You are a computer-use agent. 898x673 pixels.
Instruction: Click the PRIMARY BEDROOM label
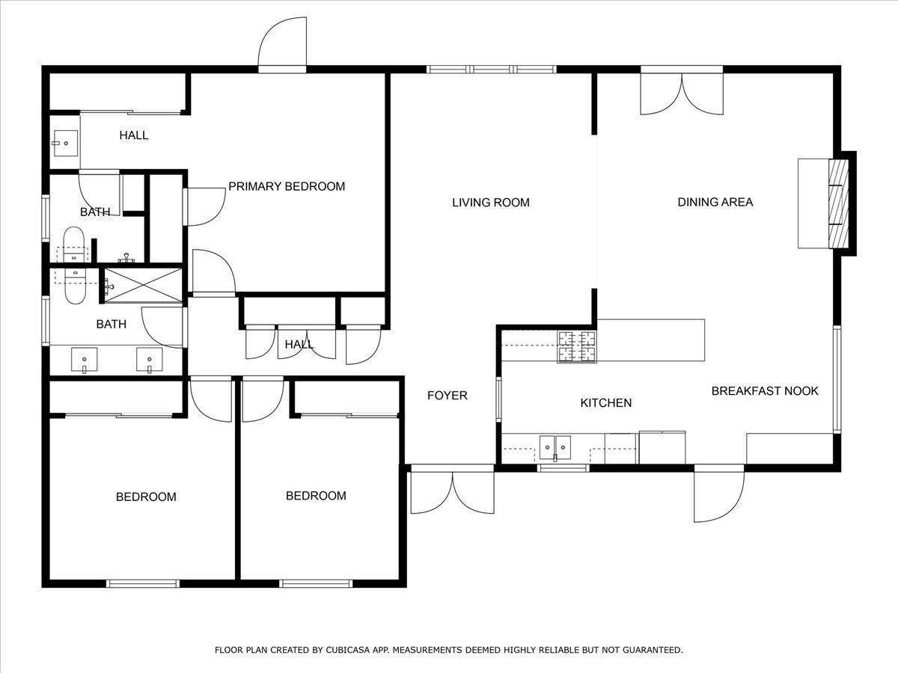click(287, 186)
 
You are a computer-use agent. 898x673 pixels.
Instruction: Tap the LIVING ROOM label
click(491, 203)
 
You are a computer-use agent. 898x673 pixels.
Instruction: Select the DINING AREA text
click(715, 202)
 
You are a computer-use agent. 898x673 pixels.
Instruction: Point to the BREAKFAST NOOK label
click(765, 391)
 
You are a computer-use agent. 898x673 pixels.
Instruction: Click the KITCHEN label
click(606, 403)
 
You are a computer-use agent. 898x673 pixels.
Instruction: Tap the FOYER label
click(448, 396)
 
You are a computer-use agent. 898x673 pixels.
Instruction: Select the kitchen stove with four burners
click(576, 346)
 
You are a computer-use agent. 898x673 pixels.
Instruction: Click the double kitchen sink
click(555, 446)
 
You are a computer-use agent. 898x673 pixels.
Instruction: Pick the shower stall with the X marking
click(142, 285)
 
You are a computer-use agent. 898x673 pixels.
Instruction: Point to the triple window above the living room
click(492, 70)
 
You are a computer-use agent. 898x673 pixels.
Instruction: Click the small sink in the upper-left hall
click(65, 141)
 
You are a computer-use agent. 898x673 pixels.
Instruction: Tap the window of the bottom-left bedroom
click(143, 583)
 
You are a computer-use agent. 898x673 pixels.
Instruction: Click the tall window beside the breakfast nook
click(837, 380)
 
